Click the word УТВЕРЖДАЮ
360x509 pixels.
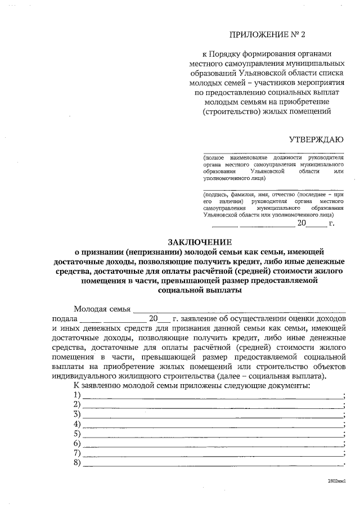317,139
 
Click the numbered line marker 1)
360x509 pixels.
78,395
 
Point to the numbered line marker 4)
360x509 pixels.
78,424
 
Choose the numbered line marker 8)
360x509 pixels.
78,462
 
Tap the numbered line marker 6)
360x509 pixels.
78,443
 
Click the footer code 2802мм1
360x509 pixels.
337,482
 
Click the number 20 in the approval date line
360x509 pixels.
301,223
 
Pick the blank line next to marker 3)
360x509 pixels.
214,415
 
